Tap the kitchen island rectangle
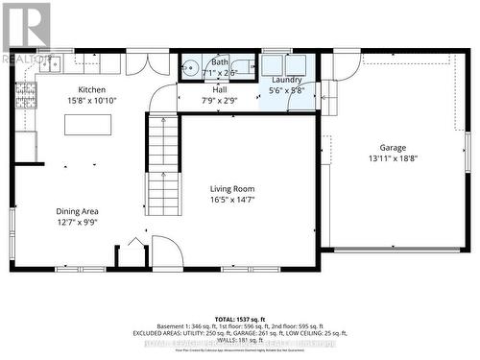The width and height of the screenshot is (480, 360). point(87,126)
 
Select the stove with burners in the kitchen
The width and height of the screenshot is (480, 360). point(27,94)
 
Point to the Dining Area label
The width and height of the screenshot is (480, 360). point(77,211)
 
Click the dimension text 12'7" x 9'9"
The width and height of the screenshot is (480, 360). point(77,222)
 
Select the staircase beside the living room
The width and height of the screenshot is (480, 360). point(163,164)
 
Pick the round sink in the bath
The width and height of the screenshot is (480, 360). point(190,68)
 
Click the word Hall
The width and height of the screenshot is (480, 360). point(220,89)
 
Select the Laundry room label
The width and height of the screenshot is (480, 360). point(288,80)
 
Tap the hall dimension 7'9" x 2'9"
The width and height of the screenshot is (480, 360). point(220,100)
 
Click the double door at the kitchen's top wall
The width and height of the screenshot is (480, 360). point(148,63)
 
